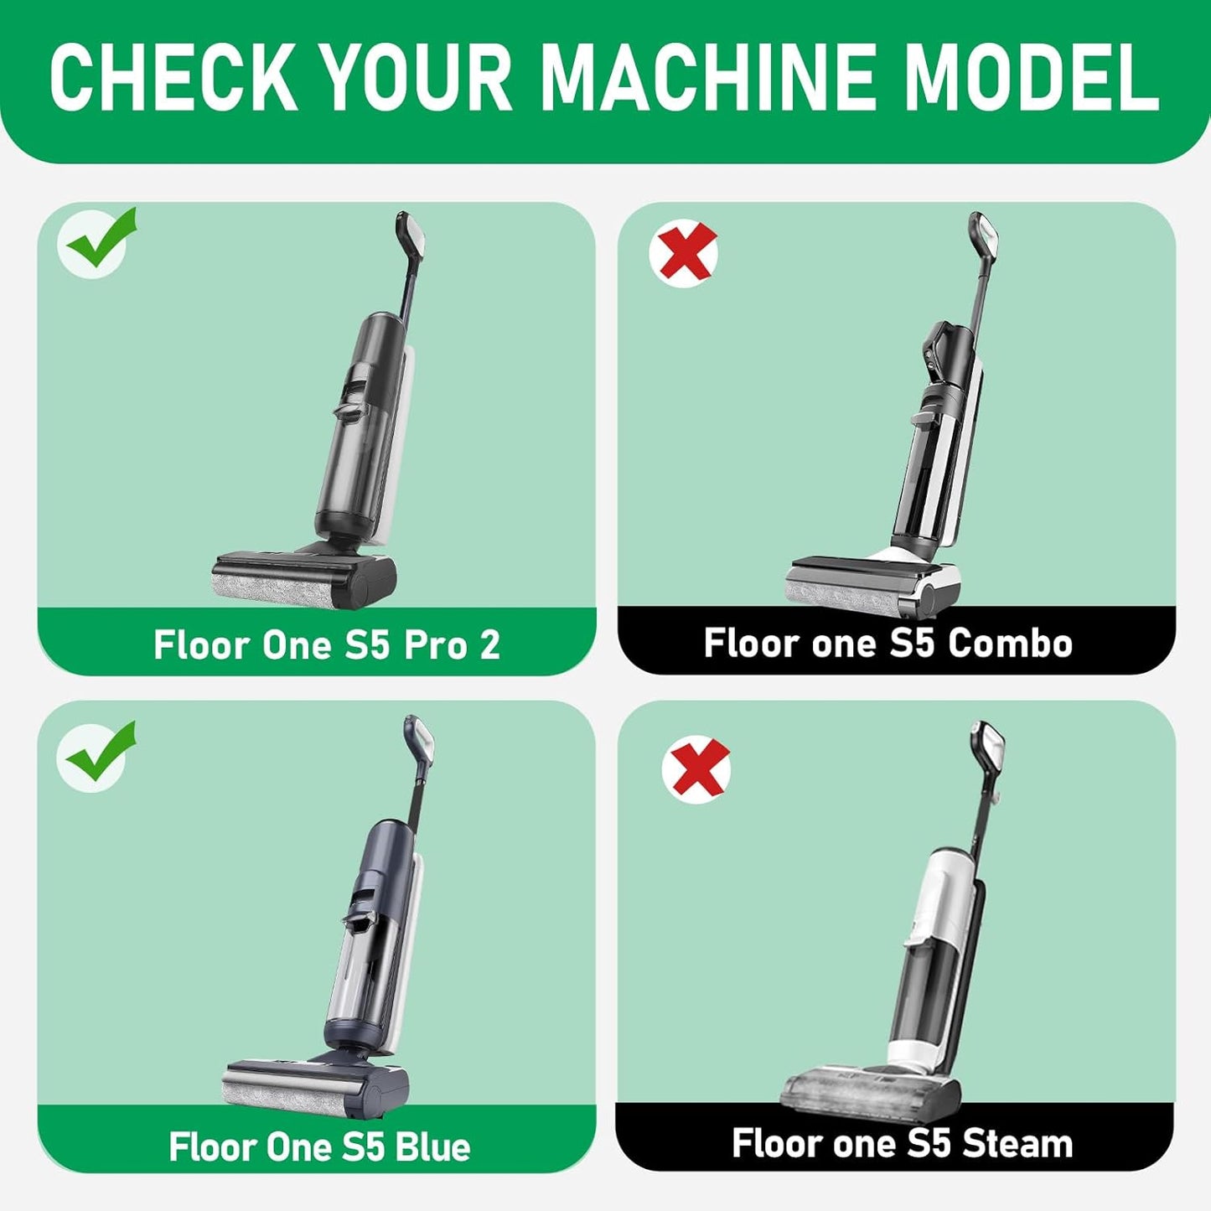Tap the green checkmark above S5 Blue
click(99, 754)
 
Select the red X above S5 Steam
click(696, 768)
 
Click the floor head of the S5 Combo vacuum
click(872, 583)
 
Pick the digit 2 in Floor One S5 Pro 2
click(489, 644)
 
